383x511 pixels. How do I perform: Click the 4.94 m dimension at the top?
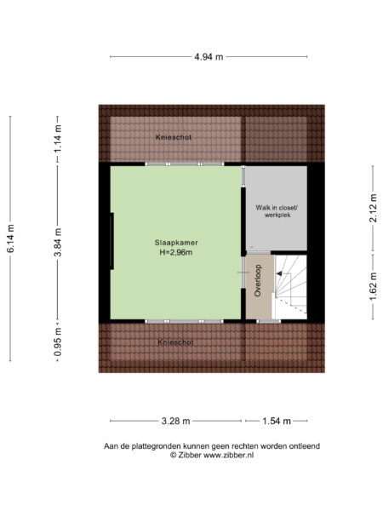208,57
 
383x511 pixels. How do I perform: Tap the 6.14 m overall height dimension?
12,239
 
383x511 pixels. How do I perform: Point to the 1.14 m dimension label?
58,138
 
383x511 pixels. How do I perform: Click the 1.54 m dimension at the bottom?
276,421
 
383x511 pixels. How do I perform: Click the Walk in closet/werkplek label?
276,212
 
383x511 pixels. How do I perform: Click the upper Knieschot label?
173,137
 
